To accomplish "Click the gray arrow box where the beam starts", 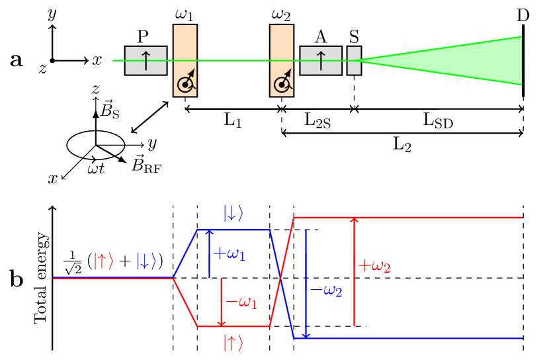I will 145,61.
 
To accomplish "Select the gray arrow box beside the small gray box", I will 321,61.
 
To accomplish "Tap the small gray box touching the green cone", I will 354,61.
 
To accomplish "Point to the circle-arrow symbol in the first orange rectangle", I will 186,82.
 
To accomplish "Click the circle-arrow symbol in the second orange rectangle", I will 282,82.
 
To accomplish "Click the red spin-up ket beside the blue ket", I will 103,261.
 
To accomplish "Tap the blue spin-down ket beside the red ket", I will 146,261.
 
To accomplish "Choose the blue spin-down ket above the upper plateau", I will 233,214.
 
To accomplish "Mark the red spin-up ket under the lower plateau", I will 233,343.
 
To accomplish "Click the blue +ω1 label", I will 229,253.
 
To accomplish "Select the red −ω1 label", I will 241,302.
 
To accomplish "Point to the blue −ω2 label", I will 326,291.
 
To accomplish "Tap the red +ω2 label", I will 374,266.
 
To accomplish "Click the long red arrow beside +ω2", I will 354,271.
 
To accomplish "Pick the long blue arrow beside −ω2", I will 306,285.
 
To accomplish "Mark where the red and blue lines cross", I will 282,278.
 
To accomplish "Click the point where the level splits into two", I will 173,278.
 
